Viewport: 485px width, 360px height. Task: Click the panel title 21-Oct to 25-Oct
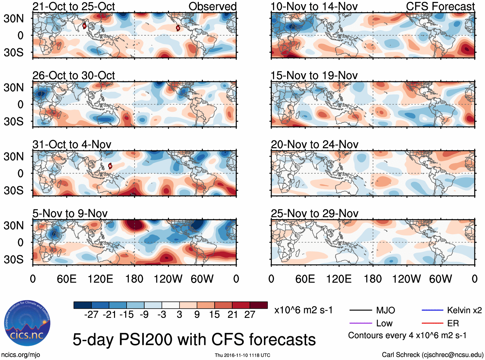coord(74,6)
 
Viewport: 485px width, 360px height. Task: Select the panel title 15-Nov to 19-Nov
coord(314,75)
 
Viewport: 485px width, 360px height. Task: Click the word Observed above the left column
coord(212,6)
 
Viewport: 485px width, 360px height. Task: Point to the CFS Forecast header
coord(440,6)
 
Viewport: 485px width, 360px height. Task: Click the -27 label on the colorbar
coord(91,315)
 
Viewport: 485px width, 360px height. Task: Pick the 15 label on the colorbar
coord(215,315)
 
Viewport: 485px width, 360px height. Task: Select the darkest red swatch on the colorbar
coord(259,305)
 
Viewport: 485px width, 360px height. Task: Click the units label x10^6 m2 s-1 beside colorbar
coord(304,310)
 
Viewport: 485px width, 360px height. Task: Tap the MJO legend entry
coord(385,310)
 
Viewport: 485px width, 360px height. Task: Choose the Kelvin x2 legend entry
coord(464,310)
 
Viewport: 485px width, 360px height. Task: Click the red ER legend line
coord(432,323)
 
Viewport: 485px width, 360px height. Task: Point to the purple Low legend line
coord(360,323)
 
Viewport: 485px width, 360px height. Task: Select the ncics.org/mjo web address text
coord(21,355)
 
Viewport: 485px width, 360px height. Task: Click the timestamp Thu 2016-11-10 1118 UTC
coord(242,355)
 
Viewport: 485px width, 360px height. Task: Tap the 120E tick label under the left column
coord(100,279)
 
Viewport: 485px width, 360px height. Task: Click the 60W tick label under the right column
coord(440,279)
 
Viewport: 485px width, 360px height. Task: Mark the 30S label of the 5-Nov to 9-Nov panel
coord(13,259)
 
